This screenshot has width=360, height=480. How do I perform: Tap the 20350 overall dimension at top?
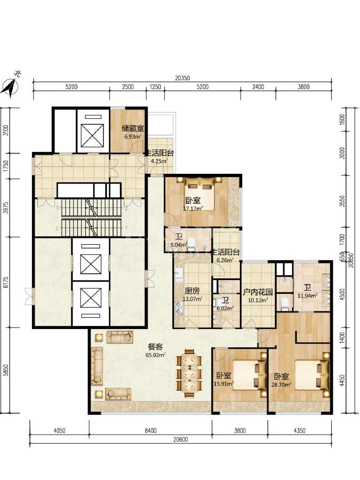(x=182, y=78)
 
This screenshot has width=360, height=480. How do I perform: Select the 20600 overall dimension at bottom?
(x=181, y=439)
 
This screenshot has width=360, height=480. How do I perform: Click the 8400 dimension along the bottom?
(x=150, y=431)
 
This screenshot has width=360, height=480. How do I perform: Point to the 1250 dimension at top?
(x=155, y=87)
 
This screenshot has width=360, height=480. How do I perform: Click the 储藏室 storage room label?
(x=133, y=128)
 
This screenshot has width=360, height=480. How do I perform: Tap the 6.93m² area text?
(x=133, y=137)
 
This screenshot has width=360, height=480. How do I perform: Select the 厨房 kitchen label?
(x=192, y=291)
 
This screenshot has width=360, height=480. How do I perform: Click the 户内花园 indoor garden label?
(x=258, y=292)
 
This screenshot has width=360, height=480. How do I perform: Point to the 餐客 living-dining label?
(x=155, y=347)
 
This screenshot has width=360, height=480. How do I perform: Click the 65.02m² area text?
(x=156, y=355)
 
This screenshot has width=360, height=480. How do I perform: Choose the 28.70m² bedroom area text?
(x=281, y=385)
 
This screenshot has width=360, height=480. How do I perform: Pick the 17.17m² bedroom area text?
(x=193, y=209)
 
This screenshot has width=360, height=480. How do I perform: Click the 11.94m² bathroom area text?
(x=307, y=295)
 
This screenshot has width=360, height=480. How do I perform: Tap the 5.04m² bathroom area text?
(x=179, y=245)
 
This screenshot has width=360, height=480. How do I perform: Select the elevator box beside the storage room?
(x=91, y=131)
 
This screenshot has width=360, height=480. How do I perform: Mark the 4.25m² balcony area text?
(x=159, y=161)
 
